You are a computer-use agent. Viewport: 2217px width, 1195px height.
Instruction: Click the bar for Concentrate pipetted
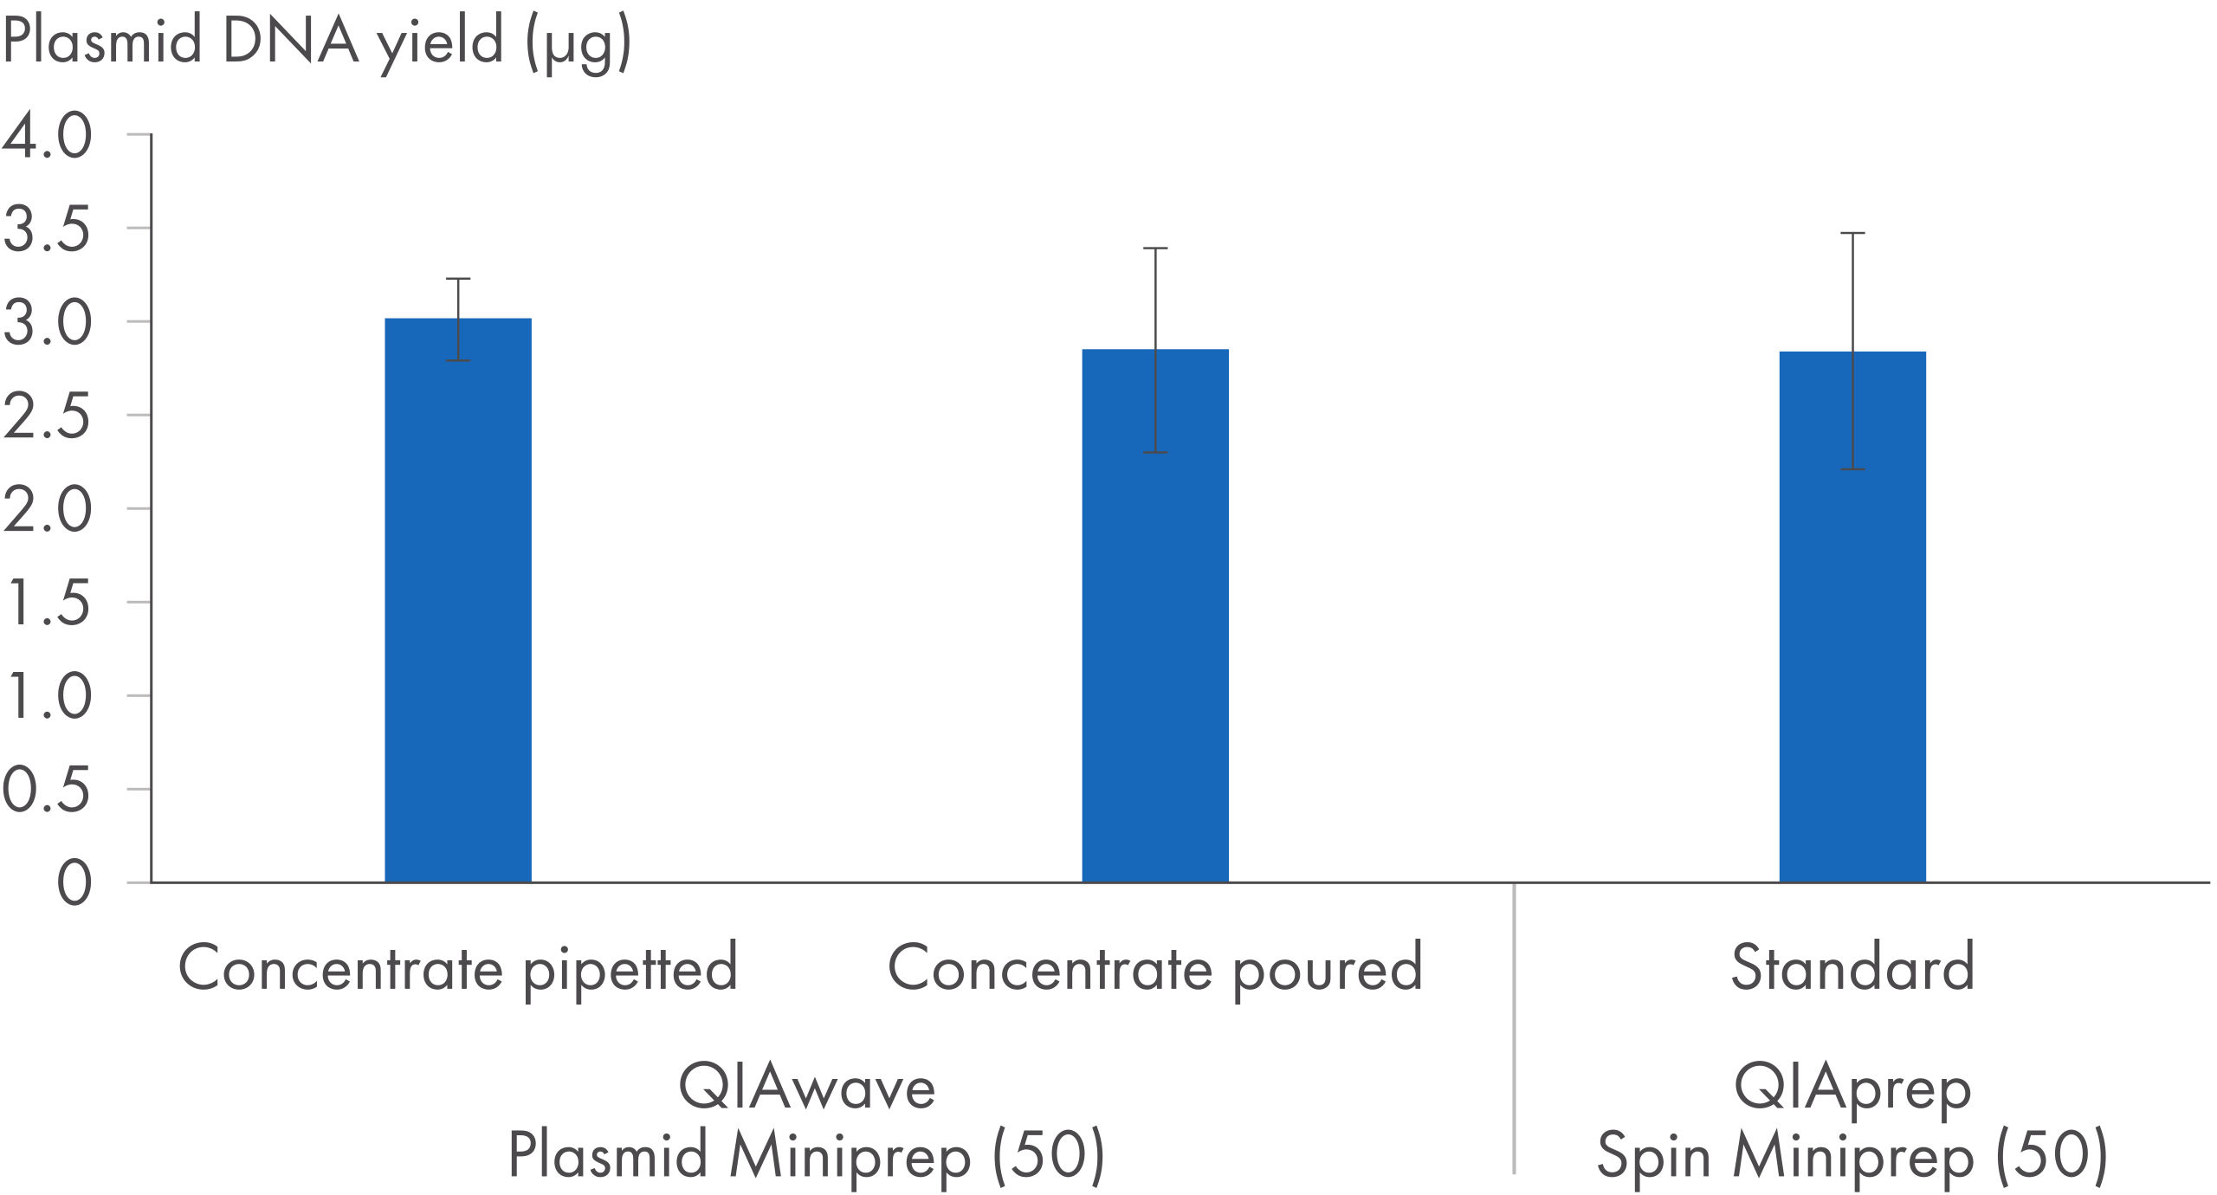pos(457,606)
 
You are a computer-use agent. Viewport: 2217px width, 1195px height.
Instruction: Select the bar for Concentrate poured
pos(1154,623)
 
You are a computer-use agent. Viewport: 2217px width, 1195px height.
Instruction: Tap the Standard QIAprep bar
pos(1852,623)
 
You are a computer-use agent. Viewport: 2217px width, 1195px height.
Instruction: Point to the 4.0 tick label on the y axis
pos(48,136)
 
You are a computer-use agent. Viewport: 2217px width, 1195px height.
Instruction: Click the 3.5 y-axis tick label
pos(48,229)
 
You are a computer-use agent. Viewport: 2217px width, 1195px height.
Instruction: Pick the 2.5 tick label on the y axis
pos(48,417)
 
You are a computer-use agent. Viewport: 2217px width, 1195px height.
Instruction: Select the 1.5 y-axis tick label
pos(48,604)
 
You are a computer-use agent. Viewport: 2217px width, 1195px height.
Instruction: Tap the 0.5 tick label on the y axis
pos(48,791)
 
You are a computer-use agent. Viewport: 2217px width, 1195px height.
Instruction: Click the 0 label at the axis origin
pos(74,884)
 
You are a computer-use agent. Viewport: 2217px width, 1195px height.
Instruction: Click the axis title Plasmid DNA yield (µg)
pos(317,42)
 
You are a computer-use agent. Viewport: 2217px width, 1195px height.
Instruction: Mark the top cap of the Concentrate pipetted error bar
pos(457,279)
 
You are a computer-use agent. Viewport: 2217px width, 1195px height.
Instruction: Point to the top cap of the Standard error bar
pos(1852,234)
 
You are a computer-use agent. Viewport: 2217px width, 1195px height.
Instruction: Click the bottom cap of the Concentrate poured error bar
pos(1154,452)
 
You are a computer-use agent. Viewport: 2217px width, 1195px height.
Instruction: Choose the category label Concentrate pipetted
pos(457,968)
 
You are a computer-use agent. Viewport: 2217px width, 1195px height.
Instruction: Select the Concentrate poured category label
pos(1154,968)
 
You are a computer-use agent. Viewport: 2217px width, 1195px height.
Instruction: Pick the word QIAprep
pos(1852,1088)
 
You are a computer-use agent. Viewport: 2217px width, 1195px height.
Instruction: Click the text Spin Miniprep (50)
pos(1852,1155)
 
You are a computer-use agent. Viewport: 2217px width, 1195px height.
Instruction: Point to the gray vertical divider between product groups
pos(1513,1030)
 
